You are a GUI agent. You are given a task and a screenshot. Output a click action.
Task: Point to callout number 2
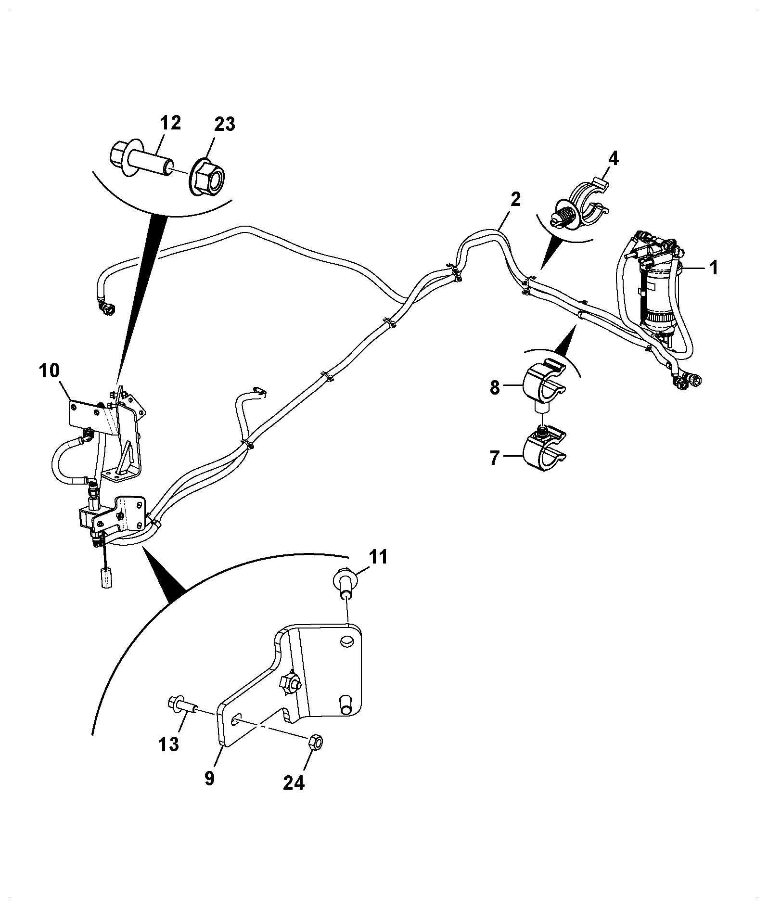coord(515,199)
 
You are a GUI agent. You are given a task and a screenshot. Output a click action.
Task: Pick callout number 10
coord(50,371)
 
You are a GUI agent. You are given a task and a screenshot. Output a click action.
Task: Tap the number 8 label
coord(495,387)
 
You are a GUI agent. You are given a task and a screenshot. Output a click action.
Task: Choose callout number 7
coord(495,458)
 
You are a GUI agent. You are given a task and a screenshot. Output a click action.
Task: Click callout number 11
coord(378,557)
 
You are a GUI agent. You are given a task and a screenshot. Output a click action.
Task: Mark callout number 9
coord(210,792)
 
